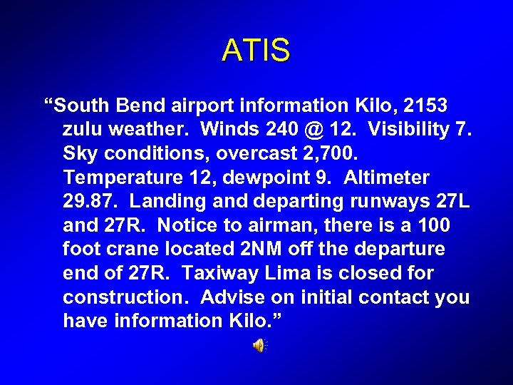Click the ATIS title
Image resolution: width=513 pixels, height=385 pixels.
click(x=256, y=51)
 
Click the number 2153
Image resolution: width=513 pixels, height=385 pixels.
click(x=425, y=106)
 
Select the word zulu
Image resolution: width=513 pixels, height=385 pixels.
click(x=85, y=130)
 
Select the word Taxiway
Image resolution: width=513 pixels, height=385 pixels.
click(x=223, y=273)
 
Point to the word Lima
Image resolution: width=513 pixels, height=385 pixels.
click(x=289, y=273)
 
